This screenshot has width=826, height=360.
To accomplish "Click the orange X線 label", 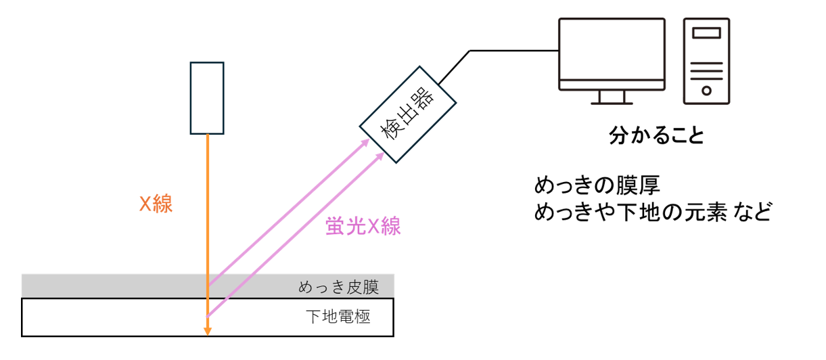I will (x=156, y=204).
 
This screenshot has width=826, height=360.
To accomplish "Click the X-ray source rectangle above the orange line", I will (x=207, y=98).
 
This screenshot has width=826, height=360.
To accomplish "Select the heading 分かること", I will (x=657, y=135).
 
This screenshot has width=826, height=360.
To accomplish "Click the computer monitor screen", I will (x=611, y=53).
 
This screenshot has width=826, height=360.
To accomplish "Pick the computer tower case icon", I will (x=706, y=61).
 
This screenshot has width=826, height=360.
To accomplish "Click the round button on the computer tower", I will (x=706, y=89).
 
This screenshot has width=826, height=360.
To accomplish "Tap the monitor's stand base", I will (x=611, y=103).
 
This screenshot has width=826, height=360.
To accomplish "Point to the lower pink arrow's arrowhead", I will (x=380, y=155).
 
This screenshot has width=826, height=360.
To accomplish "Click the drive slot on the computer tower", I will (x=706, y=32).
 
